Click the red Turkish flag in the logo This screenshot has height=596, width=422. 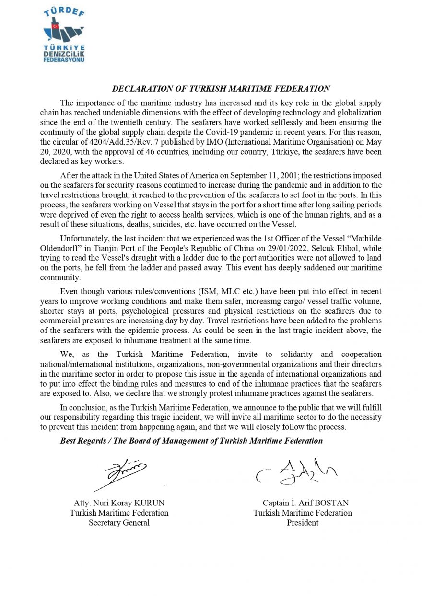pos(56,26)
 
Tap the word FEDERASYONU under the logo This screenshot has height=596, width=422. pos(64,61)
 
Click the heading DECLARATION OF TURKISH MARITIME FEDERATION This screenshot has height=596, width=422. pos(221,89)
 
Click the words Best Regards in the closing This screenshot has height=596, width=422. pos(82,441)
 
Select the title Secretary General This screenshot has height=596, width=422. pos(119,523)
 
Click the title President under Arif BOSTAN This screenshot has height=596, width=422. pos(303,523)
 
